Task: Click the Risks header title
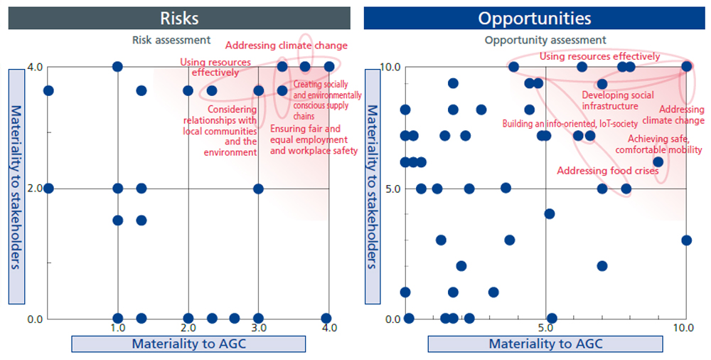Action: pos(179,18)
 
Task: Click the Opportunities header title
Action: pos(535,18)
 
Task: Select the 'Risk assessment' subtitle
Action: pos(171,40)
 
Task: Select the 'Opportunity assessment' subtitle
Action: pos(545,40)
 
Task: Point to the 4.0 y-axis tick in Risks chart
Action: pos(35,67)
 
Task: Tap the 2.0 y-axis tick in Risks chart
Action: pos(35,189)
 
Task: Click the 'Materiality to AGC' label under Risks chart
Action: pos(188,344)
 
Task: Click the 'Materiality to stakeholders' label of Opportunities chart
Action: pos(371,187)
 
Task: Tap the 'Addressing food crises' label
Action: pos(608,171)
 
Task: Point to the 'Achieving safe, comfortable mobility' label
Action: pos(658,144)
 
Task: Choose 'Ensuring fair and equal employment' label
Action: pos(314,140)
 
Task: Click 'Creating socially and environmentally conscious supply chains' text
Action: pos(326,100)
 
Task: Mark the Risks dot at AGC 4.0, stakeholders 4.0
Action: pos(329,66)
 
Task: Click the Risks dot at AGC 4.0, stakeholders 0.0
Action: pos(326,318)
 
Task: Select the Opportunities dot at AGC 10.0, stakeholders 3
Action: pos(686,240)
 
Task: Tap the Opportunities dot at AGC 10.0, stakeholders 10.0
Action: pos(686,66)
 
